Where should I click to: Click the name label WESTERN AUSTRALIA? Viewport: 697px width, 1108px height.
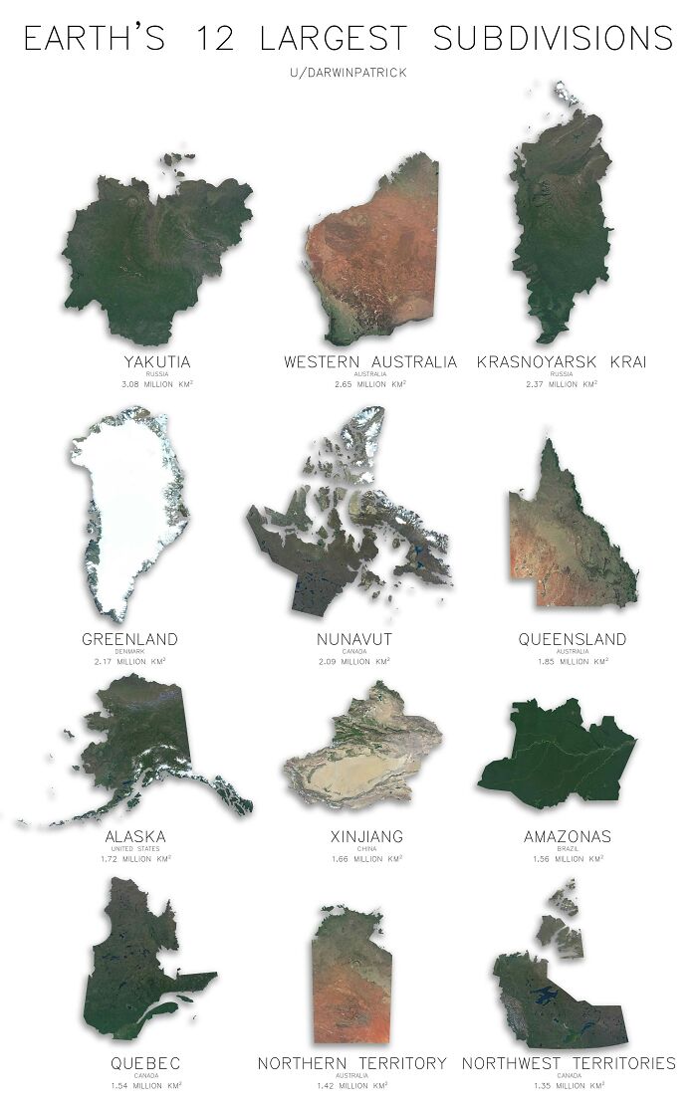point(369,361)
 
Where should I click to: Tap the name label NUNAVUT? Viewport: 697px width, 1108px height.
point(354,639)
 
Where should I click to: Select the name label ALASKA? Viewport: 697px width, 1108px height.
point(135,836)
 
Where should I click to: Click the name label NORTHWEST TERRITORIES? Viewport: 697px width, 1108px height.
point(569,1063)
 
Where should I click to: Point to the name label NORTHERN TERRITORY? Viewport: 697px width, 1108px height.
point(352,1063)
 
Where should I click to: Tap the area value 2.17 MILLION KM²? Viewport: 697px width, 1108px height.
point(130,660)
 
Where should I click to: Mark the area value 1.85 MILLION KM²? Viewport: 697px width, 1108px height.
point(573,660)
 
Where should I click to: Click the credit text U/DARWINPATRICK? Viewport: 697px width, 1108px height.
point(348,73)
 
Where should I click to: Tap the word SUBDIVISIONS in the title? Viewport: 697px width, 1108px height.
point(553,39)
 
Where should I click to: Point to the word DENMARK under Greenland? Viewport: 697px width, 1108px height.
point(130,650)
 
